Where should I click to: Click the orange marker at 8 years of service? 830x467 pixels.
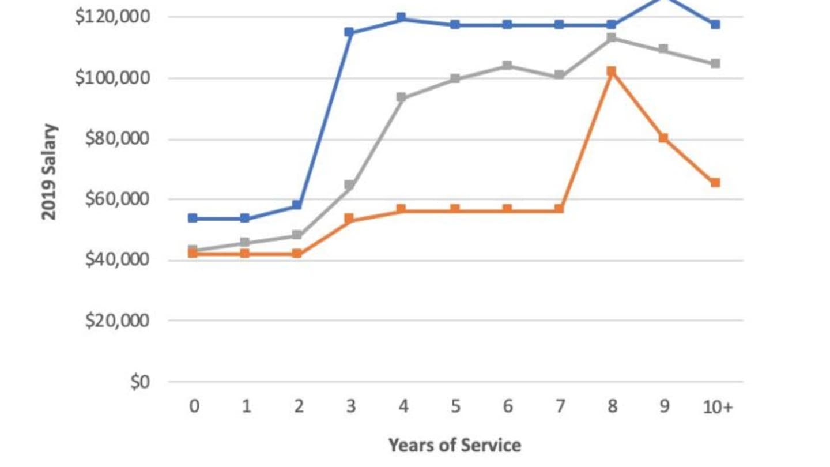[x=612, y=71]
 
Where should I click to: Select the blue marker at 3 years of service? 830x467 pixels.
[x=349, y=32]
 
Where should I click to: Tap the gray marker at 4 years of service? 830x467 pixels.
[x=401, y=97]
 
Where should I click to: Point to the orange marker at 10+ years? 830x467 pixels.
[x=715, y=182]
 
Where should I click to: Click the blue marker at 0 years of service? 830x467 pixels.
[x=193, y=218]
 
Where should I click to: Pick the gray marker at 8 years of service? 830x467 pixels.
[x=612, y=38]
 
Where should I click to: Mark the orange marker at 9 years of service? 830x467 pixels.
[x=663, y=138]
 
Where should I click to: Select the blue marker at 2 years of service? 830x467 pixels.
[x=297, y=205]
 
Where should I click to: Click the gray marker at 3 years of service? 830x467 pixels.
[x=349, y=185]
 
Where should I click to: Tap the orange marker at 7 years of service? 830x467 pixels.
[x=559, y=209]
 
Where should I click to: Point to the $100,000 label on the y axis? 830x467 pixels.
[x=112, y=78]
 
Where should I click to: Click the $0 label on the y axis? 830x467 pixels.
[x=139, y=382]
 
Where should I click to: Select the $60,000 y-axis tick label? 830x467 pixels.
[x=117, y=199]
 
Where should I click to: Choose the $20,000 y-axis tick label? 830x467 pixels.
[x=117, y=321]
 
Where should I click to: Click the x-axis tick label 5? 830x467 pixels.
[x=455, y=407]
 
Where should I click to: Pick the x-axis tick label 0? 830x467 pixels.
[x=194, y=407]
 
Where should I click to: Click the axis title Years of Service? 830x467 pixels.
[x=454, y=445]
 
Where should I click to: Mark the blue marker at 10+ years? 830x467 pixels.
[x=715, y=24]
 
